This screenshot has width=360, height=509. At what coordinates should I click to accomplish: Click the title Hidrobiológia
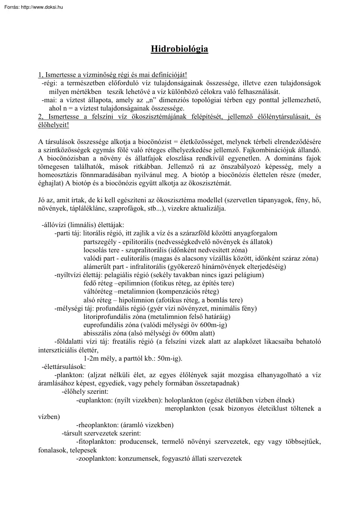(179, 49)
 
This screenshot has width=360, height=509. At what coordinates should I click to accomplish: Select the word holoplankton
(183, 400)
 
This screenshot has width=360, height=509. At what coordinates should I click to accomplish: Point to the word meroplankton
(185, 409)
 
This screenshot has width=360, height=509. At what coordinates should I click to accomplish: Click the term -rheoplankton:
(95, 425)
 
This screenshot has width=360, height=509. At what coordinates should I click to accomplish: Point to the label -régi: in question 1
(50, 84)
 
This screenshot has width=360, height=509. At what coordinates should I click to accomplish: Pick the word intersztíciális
(59, 350)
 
